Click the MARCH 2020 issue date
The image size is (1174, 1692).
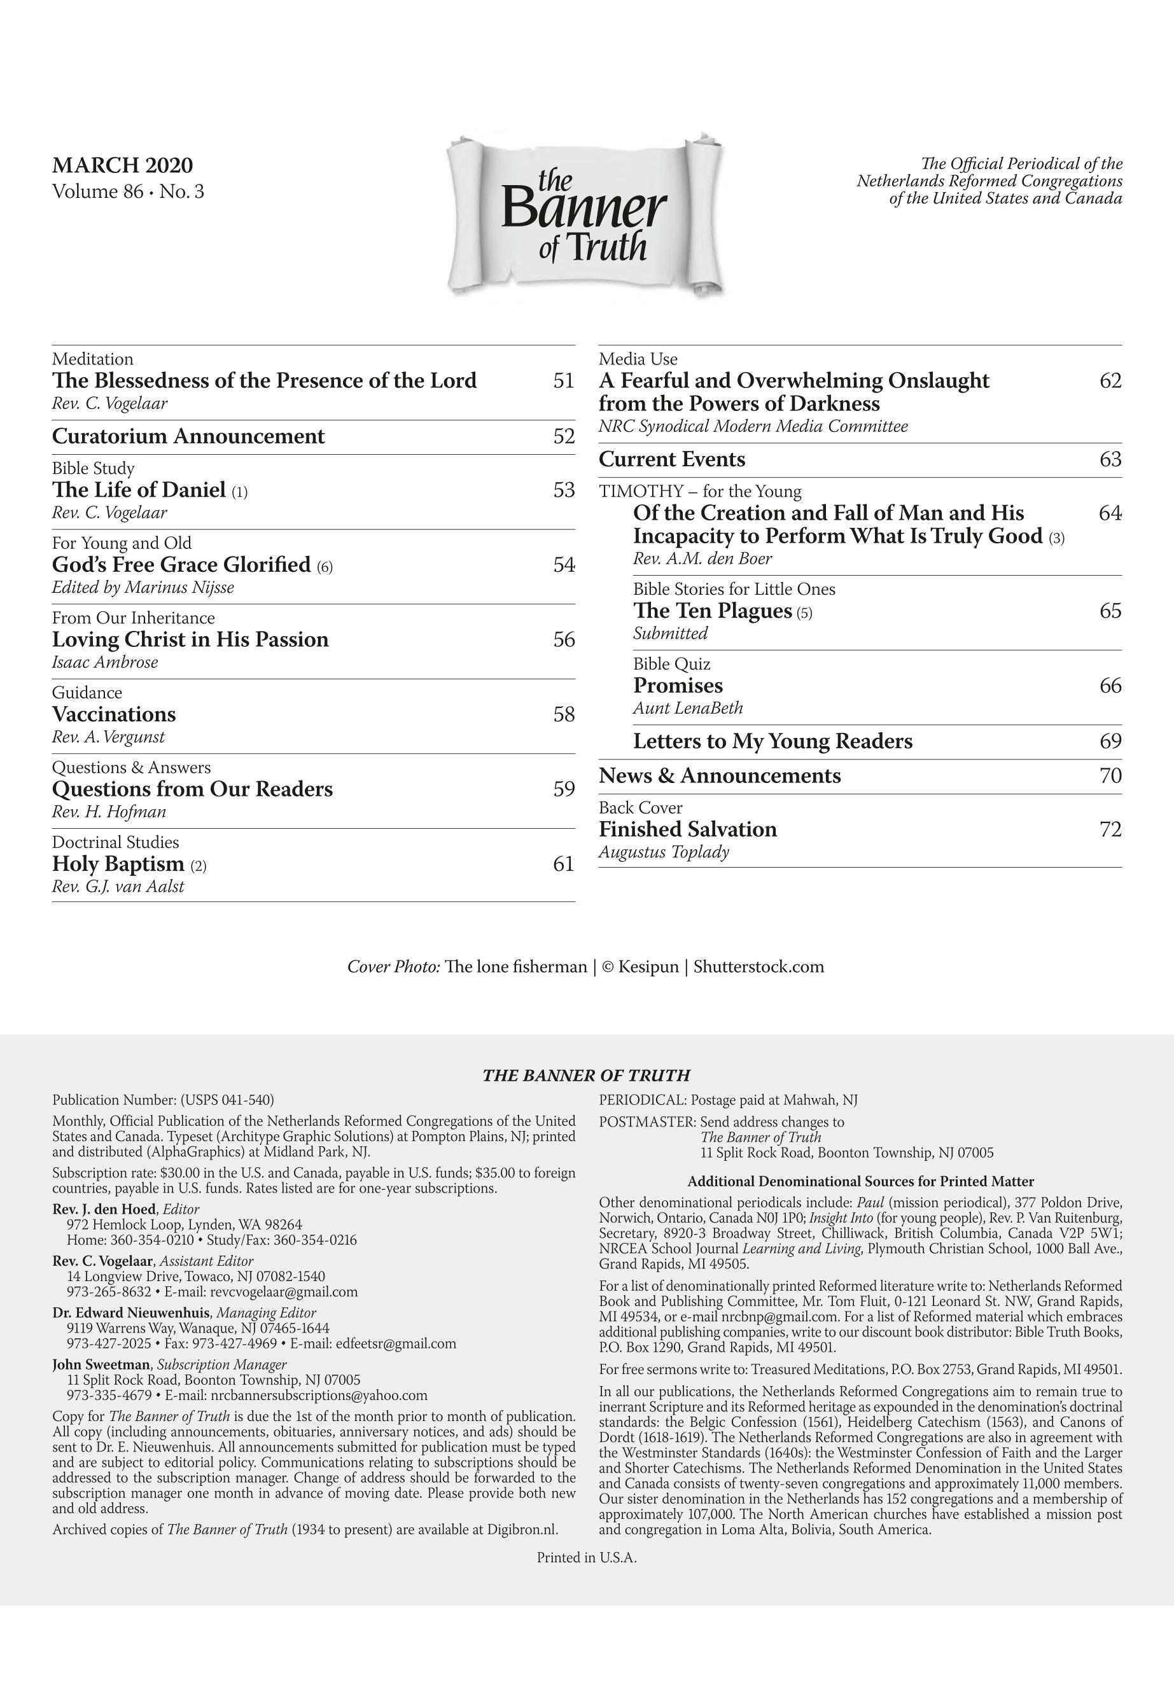pos(122,165)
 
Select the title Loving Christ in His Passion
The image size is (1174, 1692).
pos(190,639)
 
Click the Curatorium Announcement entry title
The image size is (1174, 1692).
pos(188,436)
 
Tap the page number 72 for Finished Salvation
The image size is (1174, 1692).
pos(1110,829)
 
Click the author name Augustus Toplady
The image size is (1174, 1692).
pos(664,852)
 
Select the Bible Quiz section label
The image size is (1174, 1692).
pos(671,664)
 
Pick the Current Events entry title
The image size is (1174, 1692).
pos(671,460)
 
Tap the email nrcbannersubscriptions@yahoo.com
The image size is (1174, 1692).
pos(319,1395)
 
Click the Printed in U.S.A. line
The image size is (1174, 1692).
pos(586,1557)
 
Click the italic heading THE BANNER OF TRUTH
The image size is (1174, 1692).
pos(585,1076)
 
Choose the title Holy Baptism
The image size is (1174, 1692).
pos(118,863)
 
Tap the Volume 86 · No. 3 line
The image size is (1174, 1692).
pos(128,192)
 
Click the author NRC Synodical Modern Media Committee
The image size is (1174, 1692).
pos(753,426)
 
